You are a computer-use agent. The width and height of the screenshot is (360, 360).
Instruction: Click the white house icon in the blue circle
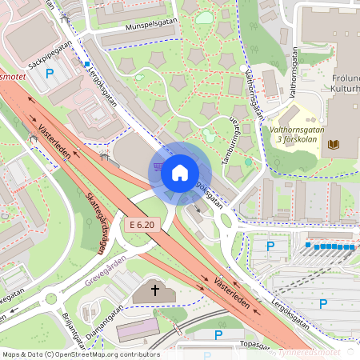click(180, 172)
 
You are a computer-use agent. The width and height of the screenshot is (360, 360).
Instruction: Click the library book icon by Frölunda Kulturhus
click(334, 144)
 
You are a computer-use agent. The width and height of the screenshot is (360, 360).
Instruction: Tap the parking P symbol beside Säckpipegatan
click(50, 74)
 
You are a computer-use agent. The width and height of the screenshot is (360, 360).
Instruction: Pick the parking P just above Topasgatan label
click(218, 334)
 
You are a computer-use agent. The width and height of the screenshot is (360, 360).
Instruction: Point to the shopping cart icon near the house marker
click(158, 166)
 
